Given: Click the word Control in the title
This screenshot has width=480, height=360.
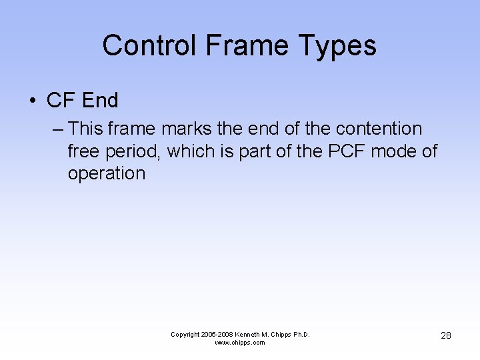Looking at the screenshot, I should (150, 45).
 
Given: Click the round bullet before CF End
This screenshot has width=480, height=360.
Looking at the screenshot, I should (32, 101).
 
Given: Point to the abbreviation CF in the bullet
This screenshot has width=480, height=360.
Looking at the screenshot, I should (60, 101).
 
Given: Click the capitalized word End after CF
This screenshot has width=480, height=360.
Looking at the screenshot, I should (99, 101).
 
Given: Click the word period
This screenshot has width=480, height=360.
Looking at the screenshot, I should (135, 152).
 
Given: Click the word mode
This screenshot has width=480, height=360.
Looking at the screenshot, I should (395, 151).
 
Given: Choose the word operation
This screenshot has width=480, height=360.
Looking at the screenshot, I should (106, 174).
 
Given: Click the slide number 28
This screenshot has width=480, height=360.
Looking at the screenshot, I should (446, 335).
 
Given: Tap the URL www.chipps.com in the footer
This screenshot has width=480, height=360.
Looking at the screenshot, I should (240, 343).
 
